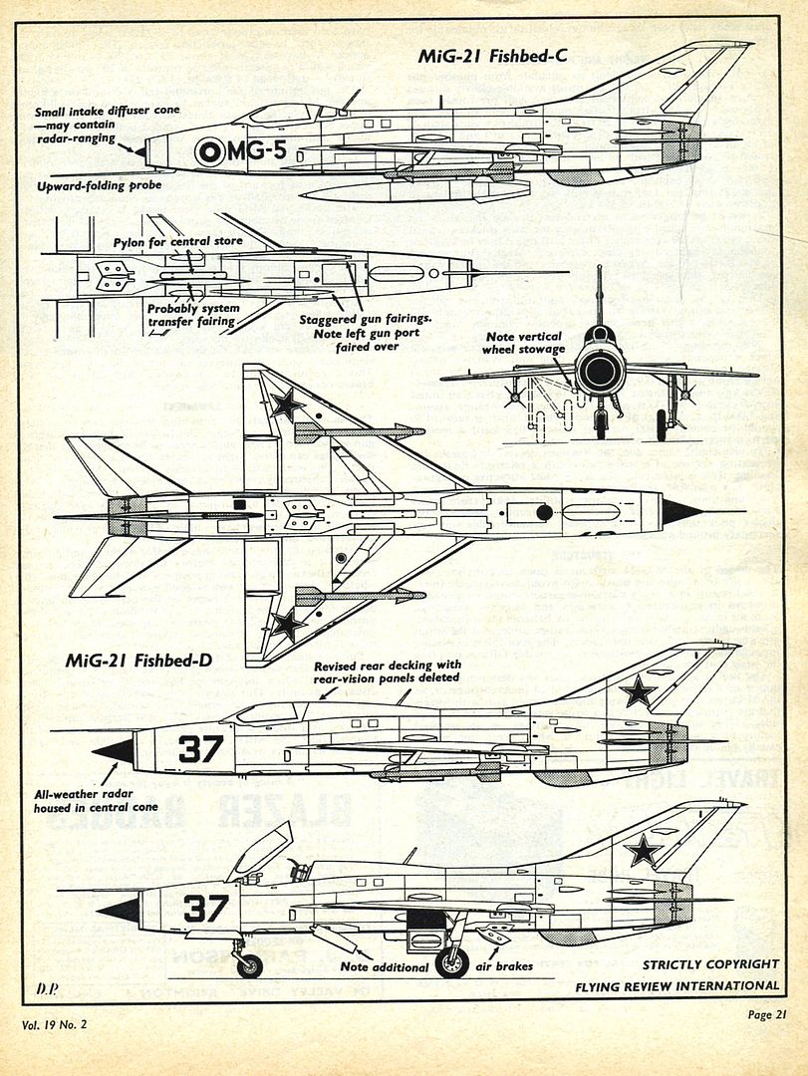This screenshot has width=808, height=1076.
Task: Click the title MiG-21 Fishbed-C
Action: (492, 56)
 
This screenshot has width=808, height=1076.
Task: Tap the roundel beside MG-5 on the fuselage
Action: (209, 151)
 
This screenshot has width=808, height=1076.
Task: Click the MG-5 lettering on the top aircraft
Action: (253, 151)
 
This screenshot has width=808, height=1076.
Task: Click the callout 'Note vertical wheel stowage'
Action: (524, 343)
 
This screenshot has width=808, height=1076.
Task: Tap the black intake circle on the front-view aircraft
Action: (600, 373)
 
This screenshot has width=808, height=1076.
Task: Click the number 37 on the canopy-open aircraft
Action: (205, 908)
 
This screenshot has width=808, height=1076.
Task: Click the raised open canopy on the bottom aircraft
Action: (262, 849)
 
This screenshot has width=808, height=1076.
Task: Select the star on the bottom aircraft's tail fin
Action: (643, 850)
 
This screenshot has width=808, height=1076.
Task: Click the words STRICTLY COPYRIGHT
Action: (710, 964)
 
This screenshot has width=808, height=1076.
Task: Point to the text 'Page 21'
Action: (766, 1015)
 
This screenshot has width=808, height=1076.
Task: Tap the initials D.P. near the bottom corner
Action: (48, 989)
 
